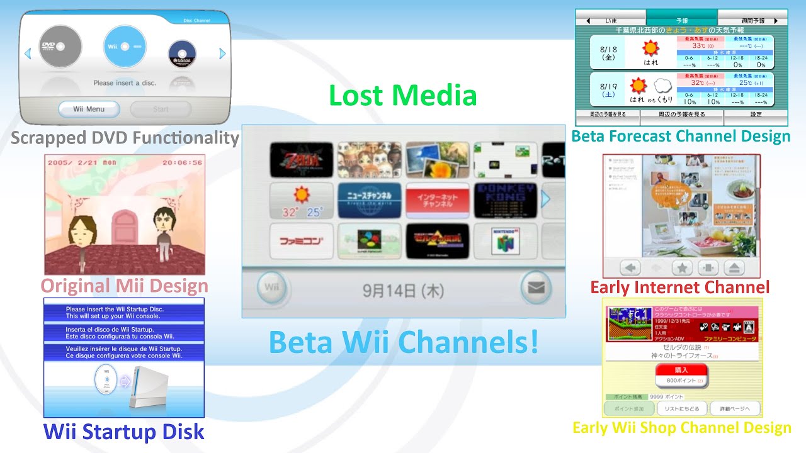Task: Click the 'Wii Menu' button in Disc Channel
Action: click(x=89, y=109)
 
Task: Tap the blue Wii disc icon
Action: click(x=125, y=47)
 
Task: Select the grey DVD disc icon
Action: click(x=60, y=46)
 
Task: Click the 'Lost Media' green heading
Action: click(x=402, y=96)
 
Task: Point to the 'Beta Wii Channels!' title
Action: click(x=404, y=342)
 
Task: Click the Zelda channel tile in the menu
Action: click(x=302, y=160)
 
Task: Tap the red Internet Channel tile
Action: click(x=438, y=201)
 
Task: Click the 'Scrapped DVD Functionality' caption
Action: click(x=125, y=138)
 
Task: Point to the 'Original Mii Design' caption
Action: click(x=125, y=286)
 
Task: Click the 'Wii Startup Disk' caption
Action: click(x=124, y=432)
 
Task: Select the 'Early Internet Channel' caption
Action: click(x=680, y=288)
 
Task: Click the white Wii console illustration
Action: click(x=149, y=387)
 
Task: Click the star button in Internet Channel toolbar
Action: click(x=681, y=267)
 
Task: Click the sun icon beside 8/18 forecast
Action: click(x=650, y=48)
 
